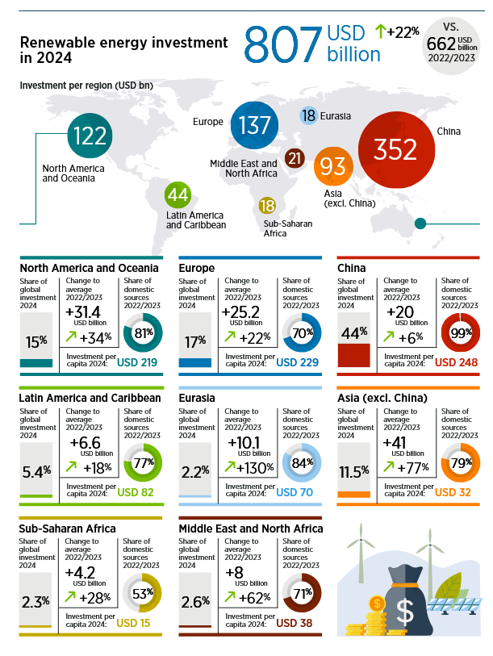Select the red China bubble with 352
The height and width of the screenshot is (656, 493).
[395, 149]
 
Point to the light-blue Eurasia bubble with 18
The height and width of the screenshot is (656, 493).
[309, 115]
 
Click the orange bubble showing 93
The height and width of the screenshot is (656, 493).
[332, 167]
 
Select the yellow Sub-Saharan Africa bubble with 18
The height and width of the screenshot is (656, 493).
[267, 206]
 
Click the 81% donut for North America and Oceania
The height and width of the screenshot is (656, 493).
[142, 332]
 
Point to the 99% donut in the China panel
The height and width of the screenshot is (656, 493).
[461, 332]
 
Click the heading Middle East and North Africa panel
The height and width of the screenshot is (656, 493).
[250, 529]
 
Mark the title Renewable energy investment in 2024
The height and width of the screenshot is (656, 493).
[112, 49]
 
